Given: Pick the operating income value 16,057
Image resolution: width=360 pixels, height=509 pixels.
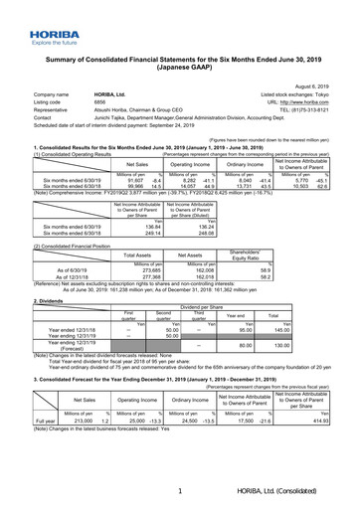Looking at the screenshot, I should click(173, 158).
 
